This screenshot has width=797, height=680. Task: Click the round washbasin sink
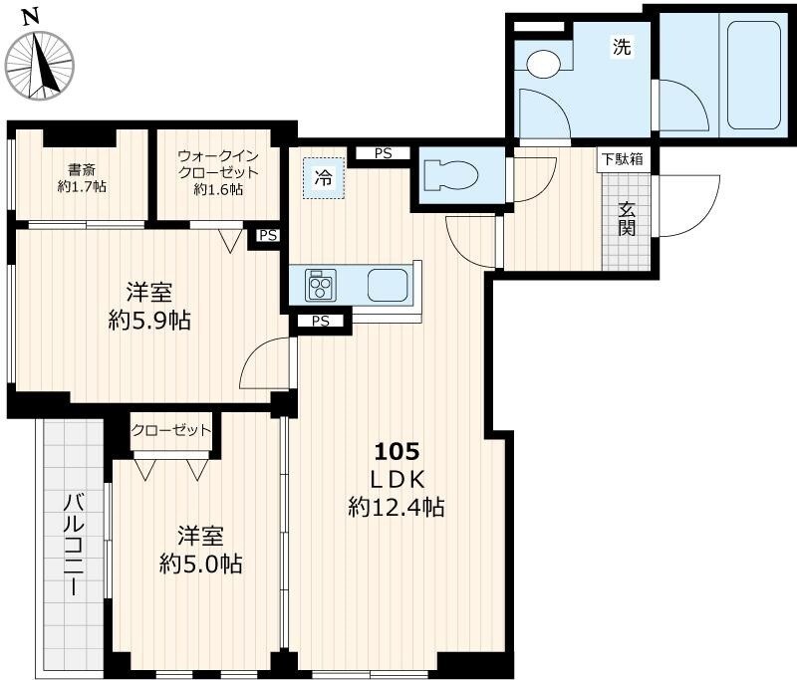(x=544, y=64)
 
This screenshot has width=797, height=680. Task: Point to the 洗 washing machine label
(x=621, y=46)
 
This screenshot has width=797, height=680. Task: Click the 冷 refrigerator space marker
(x=324, y=179)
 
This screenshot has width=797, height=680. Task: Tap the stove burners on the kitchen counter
(x=321, y=286)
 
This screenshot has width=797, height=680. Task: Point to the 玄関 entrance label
(x=627, y=220)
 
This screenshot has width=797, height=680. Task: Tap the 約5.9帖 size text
(x=150, y=321)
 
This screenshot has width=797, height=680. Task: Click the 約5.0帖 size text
(x=200, y=564)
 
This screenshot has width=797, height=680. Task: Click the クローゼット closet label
(x=171, y=430)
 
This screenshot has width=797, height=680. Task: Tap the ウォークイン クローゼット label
(x=218, y=171)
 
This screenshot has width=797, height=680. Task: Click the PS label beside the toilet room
(x=383, y=153)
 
